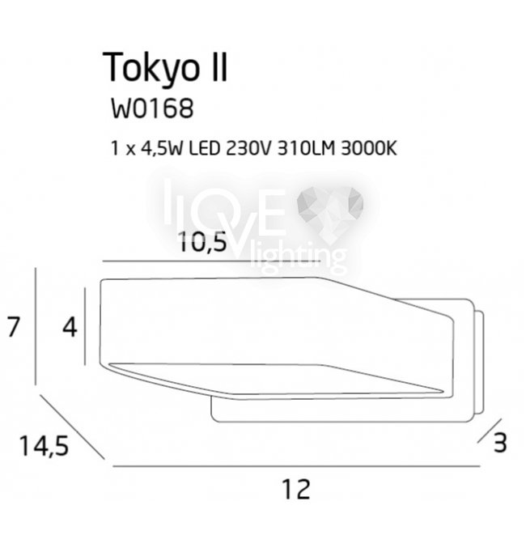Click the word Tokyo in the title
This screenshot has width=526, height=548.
pos(151,68)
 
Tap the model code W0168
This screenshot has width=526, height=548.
pos(152,108)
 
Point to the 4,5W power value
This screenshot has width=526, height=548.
pos(161,148)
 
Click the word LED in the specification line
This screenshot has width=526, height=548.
pos(204,148)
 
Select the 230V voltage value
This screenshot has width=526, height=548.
pos(248,148)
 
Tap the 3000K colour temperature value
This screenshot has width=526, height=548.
pos(368,148)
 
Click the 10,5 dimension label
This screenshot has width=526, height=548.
pos(202,242)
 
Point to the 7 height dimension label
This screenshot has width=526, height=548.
pos(13,327)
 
